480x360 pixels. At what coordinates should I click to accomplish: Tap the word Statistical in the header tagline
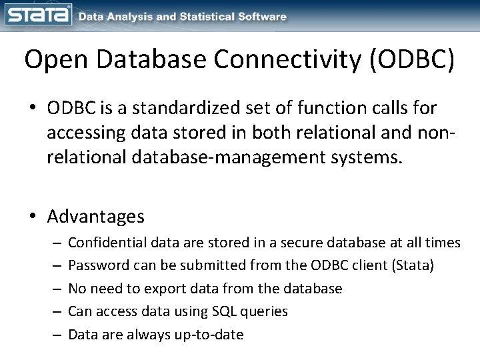pos(203,17)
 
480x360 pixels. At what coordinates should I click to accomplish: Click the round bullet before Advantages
pos(33,217)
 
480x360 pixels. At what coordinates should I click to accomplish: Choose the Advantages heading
pos(96,217)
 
